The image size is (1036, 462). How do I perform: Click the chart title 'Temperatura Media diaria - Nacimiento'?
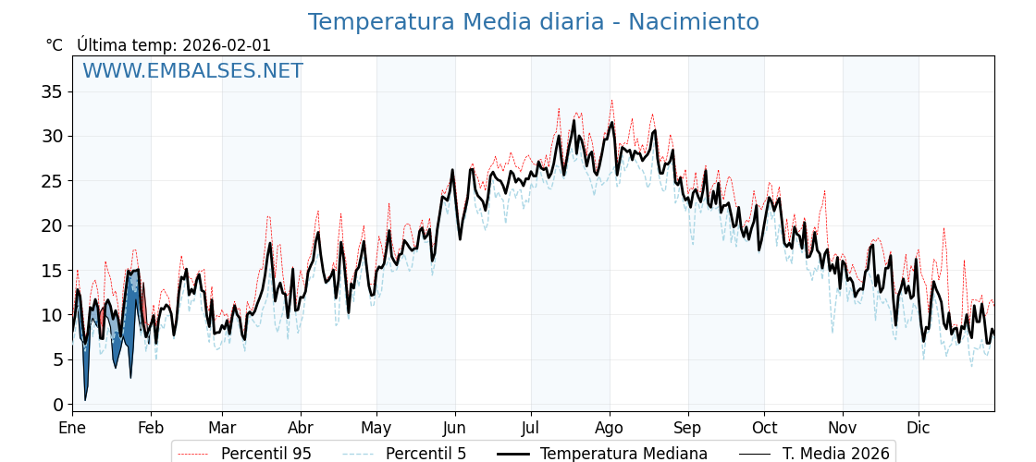[533, 22]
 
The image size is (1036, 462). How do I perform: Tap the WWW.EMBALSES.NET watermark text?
[192, 71]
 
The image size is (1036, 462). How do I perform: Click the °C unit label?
[55, 45]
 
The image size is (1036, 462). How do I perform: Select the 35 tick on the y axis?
[52, 91]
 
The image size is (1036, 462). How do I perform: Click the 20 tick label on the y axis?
[52, 225]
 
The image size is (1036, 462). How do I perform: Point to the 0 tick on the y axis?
[57, 405]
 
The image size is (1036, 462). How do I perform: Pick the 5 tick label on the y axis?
[57, 359]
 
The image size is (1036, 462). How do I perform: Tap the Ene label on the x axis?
[72, 429]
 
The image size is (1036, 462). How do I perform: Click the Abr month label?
[301, 429]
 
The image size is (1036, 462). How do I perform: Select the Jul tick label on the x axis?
[531, 429]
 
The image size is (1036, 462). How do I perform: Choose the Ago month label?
[610, 429]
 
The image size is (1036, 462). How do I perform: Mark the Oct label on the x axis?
[764, 429]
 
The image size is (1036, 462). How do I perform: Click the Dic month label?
[919, 429]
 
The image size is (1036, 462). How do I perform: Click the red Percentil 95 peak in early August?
[611, 101]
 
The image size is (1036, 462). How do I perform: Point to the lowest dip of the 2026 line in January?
[85, 399]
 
